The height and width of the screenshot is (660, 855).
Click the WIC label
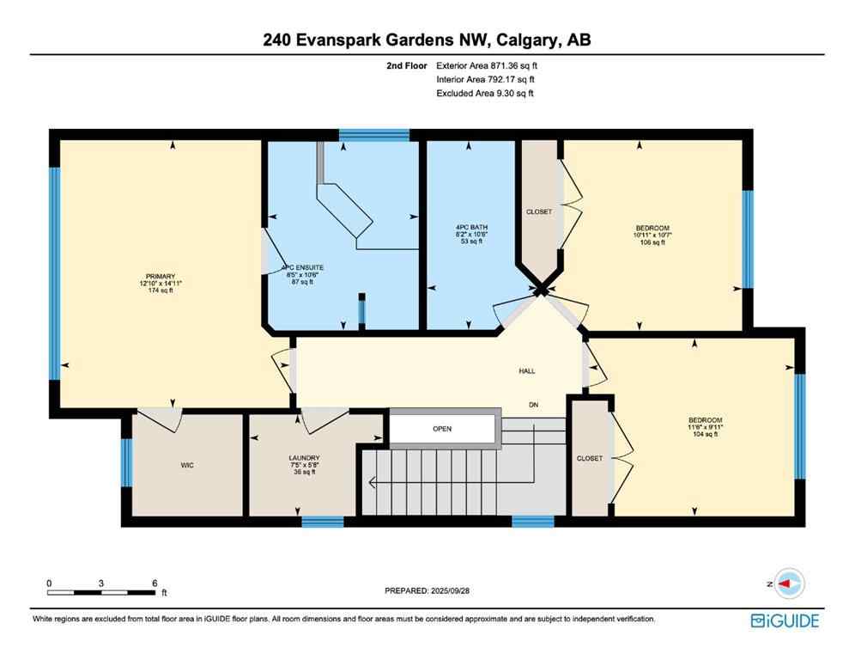(x=186, y=465)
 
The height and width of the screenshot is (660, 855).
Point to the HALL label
(x=526, y=370)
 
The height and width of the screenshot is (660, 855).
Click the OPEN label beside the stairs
(x=442, y=428)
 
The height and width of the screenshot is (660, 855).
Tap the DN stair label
(x=532, y=406)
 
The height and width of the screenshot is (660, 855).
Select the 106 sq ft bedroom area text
(x=652, y=242)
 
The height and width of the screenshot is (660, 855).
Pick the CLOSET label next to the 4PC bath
(x=539, y=211)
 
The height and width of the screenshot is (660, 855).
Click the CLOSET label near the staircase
(x=590, y=458)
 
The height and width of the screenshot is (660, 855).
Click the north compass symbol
(x=787, y=584)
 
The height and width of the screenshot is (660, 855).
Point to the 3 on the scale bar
(x=101, y=583)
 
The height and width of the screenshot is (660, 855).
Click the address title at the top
(x=427, y=40)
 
